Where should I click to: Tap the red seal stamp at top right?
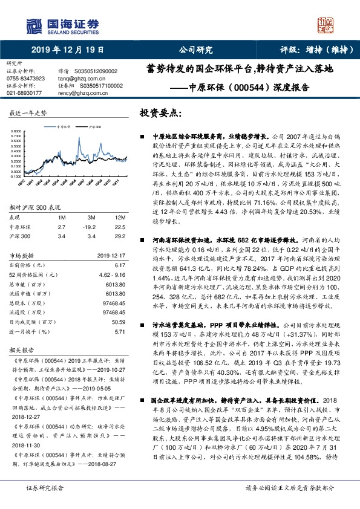[326, 26]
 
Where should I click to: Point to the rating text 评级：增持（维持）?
[309, 50]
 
